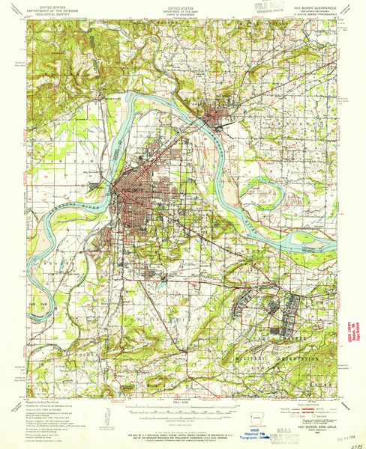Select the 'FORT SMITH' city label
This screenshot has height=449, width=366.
129,188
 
